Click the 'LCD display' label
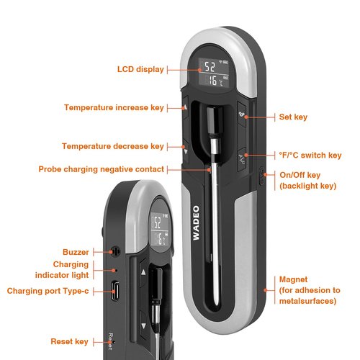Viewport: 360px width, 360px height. click(140, 69)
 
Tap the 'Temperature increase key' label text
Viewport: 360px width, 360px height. click(114, 107)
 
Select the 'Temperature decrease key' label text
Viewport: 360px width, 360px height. click(113, 146)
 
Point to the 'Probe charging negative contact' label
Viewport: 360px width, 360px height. click(101, 169)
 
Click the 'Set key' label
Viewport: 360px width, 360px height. click(293, 117)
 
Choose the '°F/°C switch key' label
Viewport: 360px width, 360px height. click(310, 156)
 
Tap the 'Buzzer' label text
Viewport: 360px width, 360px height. click(76, 252)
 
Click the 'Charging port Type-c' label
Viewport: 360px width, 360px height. click(48, 291)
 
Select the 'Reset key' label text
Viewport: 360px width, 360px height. click(69, 341)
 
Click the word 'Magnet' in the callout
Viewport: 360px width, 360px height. click(293, 279)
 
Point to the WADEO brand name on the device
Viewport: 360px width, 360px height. click(196, 222)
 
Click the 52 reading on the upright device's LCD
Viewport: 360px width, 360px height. click(210, 67)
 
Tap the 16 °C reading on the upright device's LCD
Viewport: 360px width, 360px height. click(215, 81)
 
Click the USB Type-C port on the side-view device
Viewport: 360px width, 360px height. click(115, 291)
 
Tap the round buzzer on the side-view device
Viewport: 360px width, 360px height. click(116, 251)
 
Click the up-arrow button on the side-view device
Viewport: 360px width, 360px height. click(143, 272)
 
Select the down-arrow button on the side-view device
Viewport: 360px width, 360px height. click(143, 325)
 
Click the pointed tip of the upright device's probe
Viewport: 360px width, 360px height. click(217, 305)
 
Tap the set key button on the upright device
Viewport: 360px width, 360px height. click(242, 114)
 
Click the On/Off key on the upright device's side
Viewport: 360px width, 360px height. click(261, 176)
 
